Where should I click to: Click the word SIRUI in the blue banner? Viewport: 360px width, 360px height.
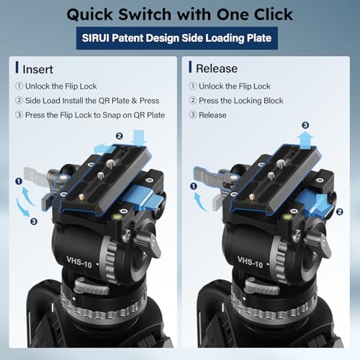point(106,37)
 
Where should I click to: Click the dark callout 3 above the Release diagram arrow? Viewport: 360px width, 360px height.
point(305,125)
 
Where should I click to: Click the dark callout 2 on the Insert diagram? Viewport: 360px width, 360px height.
point(120,135)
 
